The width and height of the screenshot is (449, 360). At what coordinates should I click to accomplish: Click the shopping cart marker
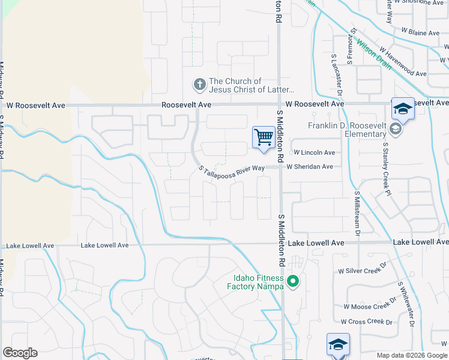pyautogui.click(x=264, y=137)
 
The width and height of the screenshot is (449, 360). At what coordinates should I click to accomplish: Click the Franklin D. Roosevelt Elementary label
pyautogui.click(x=347, y=130)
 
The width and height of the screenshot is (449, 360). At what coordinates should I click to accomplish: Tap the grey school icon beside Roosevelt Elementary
pyautogui.click(x=395, y=128)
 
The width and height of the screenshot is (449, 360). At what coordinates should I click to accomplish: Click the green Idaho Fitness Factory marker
pyautogui.click(x=293, y=280)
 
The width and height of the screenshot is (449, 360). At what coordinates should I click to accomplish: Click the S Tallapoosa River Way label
pyautogui.click(x=232, y=168)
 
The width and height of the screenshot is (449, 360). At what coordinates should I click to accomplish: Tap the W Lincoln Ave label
pyautogui.click(x=313, y=153)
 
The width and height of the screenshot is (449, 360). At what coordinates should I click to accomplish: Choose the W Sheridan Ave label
pyautogui.click(x=310, y=167)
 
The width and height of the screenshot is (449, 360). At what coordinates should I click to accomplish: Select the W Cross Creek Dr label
pyautogui.click(x=366, y=322)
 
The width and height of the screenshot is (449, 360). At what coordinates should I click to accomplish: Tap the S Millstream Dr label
pyautogui.click(x=356, y=214)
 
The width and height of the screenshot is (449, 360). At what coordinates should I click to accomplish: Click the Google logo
pyautogui.click(x=20, y=353)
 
